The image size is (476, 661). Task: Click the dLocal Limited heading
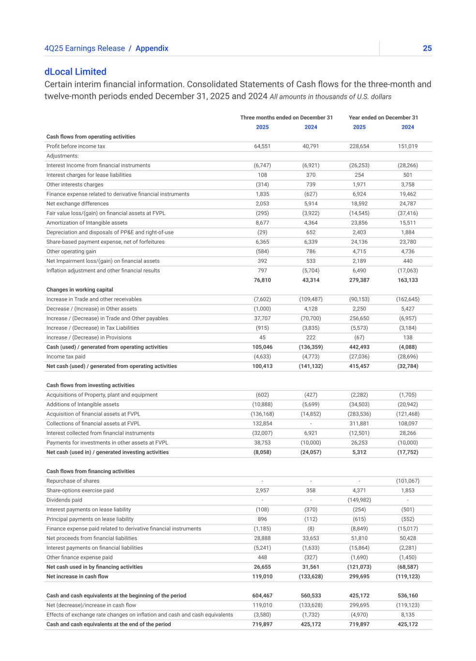click(x=75, y=72)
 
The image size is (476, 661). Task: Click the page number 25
click(x=427, y=48)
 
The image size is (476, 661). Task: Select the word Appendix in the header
click(x=152, y=48)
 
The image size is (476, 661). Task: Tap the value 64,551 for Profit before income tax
click(x=262, y=146)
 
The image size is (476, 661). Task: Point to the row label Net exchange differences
click(x=77, y=204)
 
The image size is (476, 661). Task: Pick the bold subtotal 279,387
click(x=359, y=280)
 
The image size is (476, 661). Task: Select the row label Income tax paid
click(x=66, y=357)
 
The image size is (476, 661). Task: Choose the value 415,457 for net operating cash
click(x=359, y=367)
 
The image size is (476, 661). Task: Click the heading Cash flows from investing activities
click(x=90, y=385)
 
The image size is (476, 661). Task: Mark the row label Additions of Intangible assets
click(x=82, y=404)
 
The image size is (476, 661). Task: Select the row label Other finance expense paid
click(x=79, y=557)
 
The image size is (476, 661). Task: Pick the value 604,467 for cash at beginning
click(x=262, y=596)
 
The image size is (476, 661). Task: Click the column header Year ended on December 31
click(x=383, y=118)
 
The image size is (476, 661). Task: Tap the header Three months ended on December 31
click(x=286, y=118)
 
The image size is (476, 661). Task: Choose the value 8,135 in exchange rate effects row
click(x=408, y=615)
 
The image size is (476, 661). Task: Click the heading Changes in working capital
click(x=79, y=290)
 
